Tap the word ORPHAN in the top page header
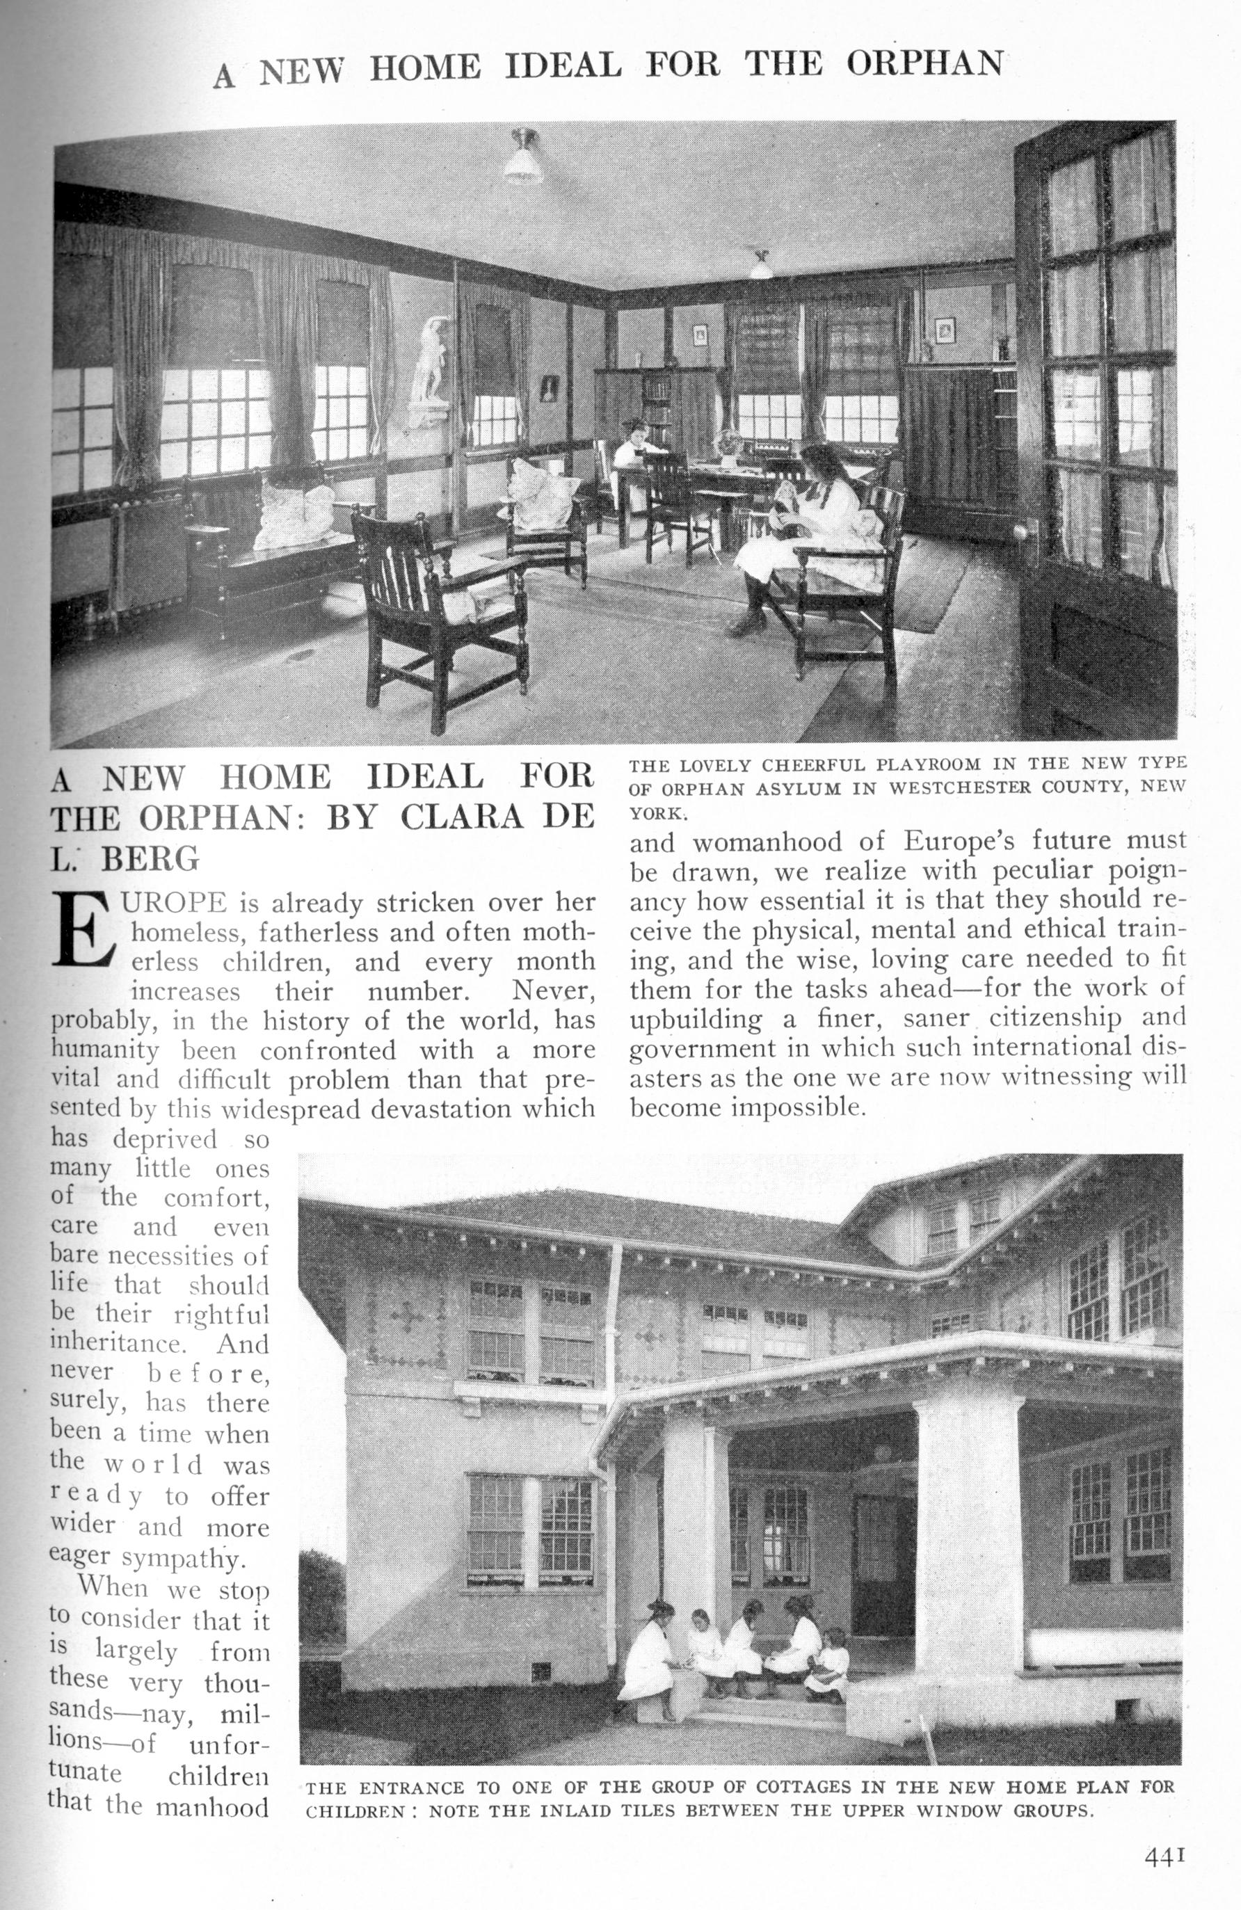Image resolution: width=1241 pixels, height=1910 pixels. tap(924, 64)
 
